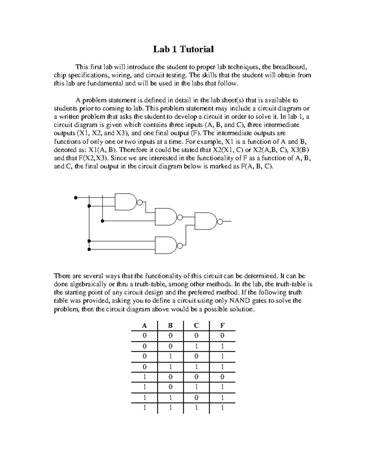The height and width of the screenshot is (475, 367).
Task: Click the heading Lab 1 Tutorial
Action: point(183,49)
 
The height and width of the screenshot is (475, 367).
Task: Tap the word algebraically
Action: point(80,284)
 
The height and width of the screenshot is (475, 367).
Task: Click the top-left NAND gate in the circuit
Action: point(126,202)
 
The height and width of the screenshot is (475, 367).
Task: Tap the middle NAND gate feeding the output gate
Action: point(166,217)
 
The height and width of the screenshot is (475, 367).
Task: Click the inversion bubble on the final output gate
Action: point(219,221)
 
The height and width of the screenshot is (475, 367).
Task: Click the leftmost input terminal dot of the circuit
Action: point(75,198)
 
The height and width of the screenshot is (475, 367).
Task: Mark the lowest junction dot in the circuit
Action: point(89,250)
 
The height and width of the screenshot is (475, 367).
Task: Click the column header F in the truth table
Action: point(222,325)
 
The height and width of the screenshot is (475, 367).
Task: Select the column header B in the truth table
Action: point(170,325)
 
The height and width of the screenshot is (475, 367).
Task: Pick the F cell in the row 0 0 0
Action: point(222,336)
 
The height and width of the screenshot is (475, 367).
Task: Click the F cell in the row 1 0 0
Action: point(222,377)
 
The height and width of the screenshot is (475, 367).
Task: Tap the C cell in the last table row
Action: point(196,408)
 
